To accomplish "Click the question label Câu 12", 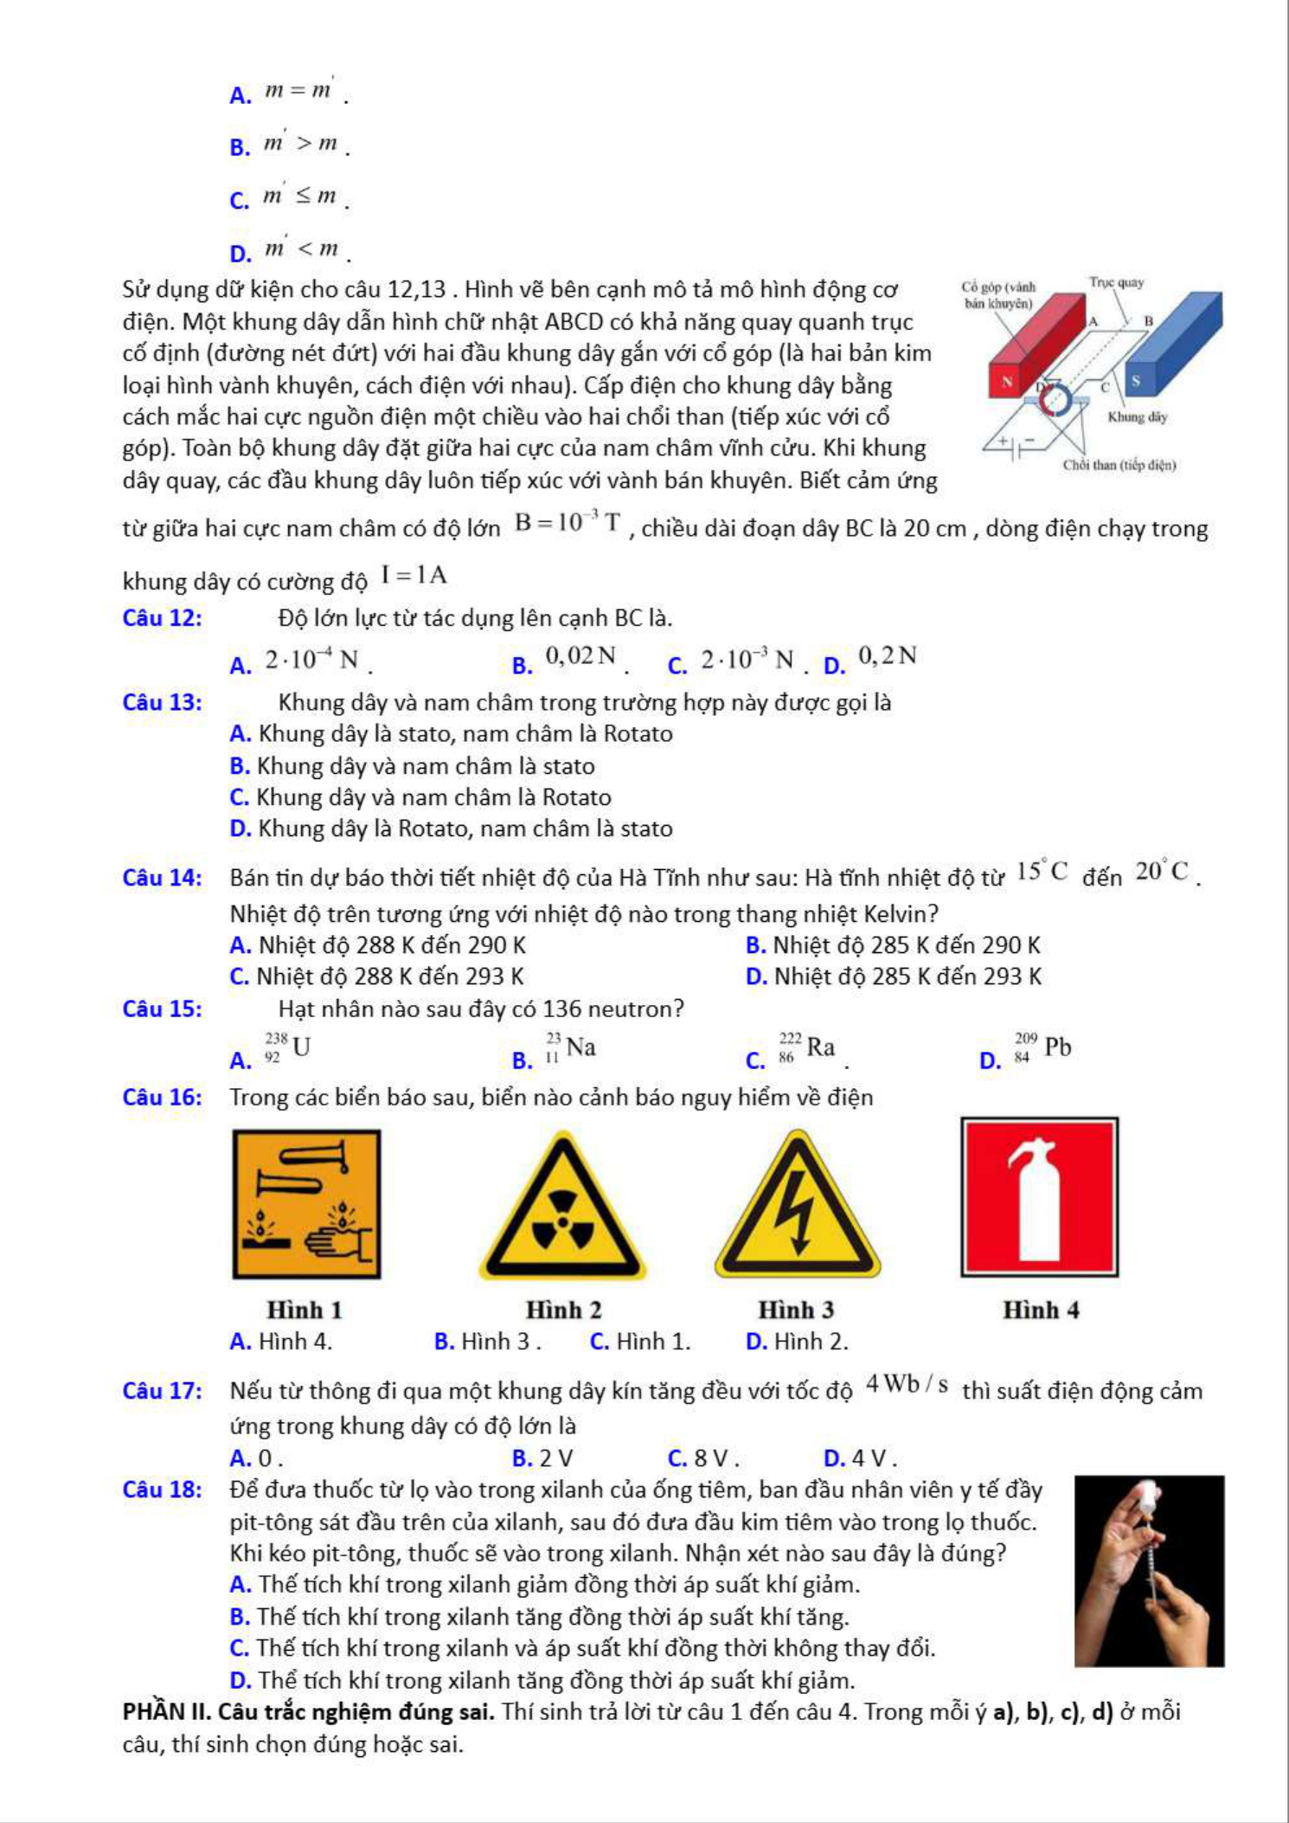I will point(162,618).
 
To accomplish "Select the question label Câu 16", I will point(162,1098).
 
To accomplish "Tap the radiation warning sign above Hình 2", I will point(563,1208).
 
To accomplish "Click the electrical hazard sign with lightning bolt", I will point(797,1208).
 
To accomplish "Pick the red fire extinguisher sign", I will point(1039,1197).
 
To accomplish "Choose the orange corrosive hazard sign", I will point(306,1204).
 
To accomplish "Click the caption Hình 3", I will point(796,1310).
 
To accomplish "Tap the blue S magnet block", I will point(1172,342).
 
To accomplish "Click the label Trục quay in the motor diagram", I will point(1116,282).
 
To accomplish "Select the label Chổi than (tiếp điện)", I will point(1119,465).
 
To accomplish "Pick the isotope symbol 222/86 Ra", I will point(806,1047).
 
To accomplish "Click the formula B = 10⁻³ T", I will point(568,522).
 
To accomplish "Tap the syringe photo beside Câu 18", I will point(1149,1571).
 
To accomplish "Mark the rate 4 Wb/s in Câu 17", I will point(907,1384).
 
